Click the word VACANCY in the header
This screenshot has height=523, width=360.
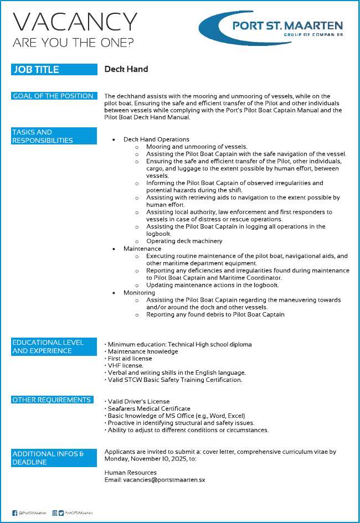pos(75,22)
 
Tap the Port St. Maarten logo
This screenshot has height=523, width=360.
pos(271,27)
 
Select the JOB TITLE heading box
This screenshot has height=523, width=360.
pos(54,70)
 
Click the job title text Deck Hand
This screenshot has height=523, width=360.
pos(126,69)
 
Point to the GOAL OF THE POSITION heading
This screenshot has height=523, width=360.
pos(54,96)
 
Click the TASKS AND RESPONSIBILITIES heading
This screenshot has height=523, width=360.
pos(54,136)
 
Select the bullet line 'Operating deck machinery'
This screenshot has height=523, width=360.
pos(184,241)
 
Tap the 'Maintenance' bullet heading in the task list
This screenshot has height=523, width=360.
pos(142,248)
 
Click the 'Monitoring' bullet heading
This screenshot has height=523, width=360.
pos(139,292)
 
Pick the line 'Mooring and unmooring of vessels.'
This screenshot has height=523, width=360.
pos(197,147)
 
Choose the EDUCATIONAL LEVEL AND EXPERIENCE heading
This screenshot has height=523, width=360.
pos(54,346)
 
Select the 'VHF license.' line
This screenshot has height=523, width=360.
pos(125,366)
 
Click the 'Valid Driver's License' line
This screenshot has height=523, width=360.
pos(138,401)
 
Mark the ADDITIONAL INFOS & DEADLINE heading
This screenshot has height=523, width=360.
pos(54,458)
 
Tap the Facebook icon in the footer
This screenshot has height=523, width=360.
pos(14,513)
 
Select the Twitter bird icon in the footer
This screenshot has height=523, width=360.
pos(61,513)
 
